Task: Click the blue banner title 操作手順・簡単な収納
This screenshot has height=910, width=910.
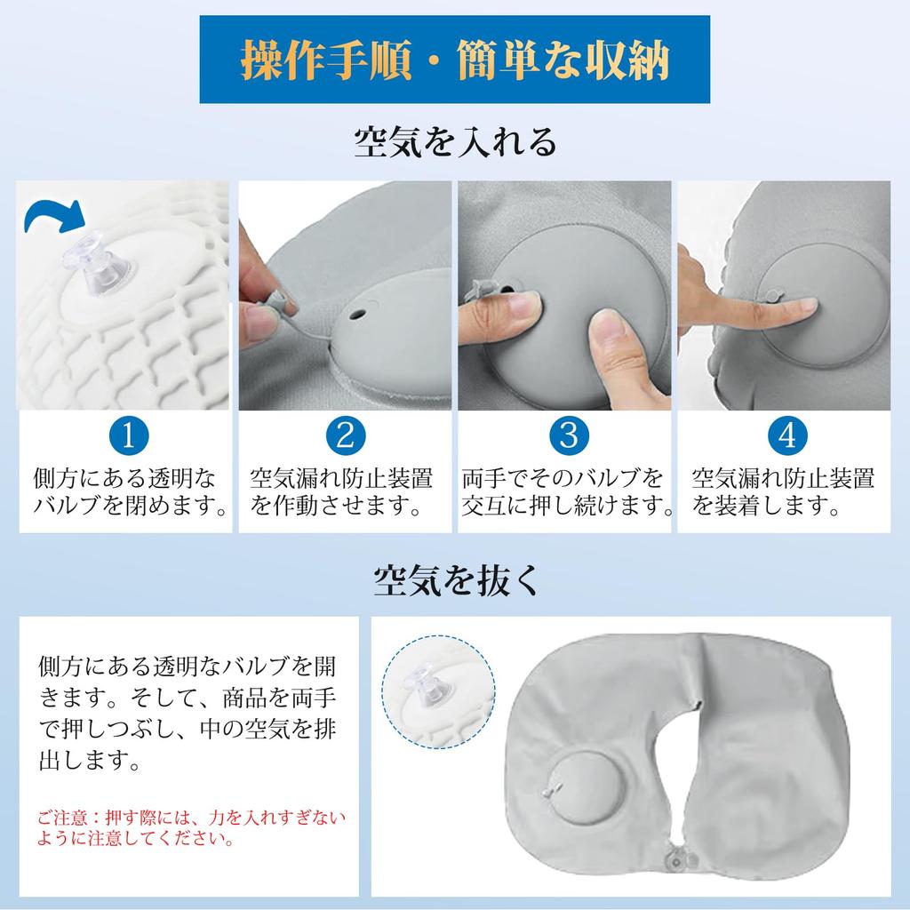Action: click(454, 59)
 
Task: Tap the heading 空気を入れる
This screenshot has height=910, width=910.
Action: click(454, 141)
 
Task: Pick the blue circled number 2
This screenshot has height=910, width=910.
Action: click(346, 435)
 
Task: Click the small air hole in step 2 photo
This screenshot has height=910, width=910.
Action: click(357, 315)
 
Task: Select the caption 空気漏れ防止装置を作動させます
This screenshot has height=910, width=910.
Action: click(341, 492)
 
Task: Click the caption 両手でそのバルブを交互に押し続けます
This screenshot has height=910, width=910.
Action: click(565, 492)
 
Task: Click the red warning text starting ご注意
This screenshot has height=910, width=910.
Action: click(190, 826)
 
